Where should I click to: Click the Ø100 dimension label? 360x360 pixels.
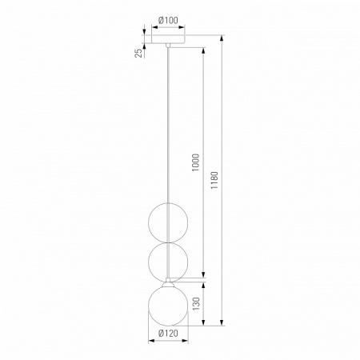pyautogui.click(x=168, y=20)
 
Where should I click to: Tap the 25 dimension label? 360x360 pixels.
pyautogui.click(x=138, y=54)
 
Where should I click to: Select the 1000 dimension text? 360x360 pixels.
pyautogui.click(x=196, y=162)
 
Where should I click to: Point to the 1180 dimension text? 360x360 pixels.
pyautogui.click(x=214, y=181)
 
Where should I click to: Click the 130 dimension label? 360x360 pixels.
pyautogui.click(x=196, y=304)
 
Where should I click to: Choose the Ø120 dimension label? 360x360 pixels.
pyautogui.click(x=168, y=333)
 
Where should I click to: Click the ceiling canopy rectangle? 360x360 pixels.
pyautogui.click(x=168, y=39)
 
